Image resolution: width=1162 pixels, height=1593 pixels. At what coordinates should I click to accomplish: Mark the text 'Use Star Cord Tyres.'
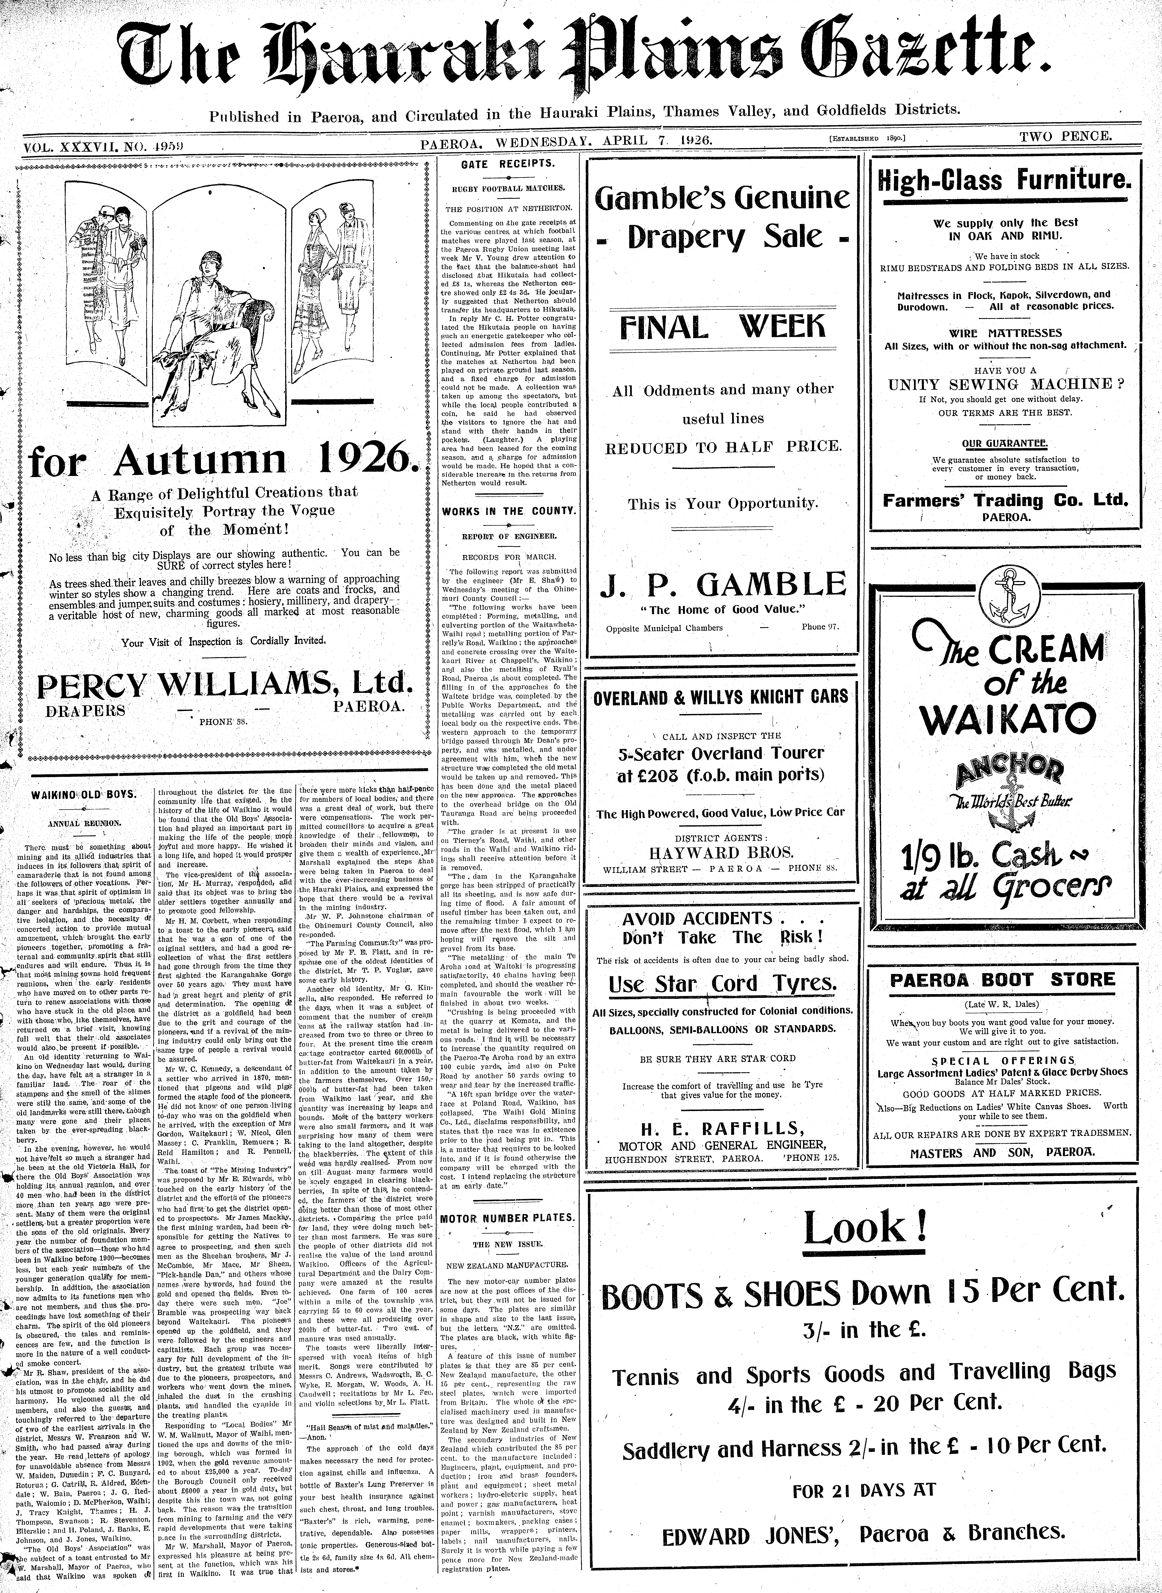(x=722, y=984)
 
